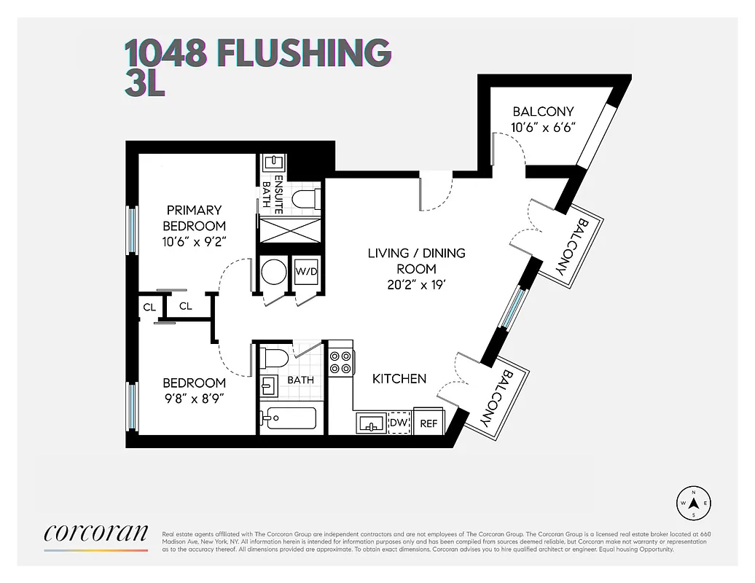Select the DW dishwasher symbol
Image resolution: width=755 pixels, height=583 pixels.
pos(398,423)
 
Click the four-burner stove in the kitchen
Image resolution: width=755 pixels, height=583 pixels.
pos(340,362)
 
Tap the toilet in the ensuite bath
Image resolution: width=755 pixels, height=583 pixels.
pos(302,198)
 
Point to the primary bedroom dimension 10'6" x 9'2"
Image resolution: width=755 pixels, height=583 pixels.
pos(194,241)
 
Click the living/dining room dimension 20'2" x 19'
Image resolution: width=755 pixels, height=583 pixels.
pos(416,285)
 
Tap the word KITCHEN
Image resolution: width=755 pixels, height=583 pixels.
pos(399,379)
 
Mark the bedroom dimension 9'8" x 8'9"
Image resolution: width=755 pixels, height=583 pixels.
pos(194,399)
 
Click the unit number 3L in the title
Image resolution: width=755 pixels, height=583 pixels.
pos(144,84)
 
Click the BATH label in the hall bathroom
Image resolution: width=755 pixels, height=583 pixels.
pos(300,380)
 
